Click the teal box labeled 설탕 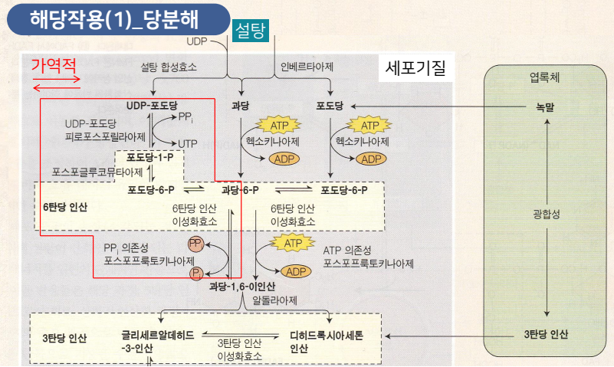pyautogui.click(x=250, y=31)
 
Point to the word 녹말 pyautogui.click(x=545, y=106)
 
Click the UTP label pyautogui.click(x=189, y=143)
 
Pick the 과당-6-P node pyautogui.click(x=239, y=189)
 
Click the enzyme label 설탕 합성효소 pyautogui.click(x=169, y=67)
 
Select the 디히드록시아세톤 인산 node pyautogui.click(x=327, y=342)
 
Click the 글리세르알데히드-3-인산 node pyautogui.click(x=157, y=342)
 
